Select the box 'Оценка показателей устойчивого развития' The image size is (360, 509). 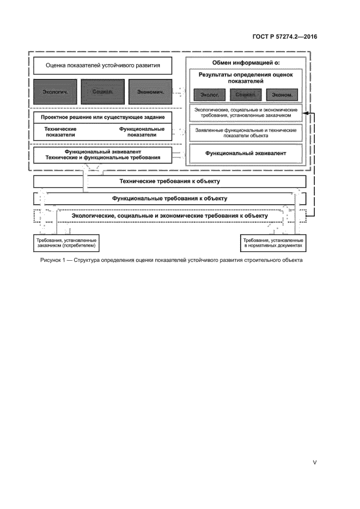pos(103,66)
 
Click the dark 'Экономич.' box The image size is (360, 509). pos(150,92)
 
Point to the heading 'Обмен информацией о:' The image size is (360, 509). pos(246,63)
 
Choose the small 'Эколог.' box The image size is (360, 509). pos(210,95)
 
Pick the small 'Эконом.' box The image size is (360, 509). pos(282,95)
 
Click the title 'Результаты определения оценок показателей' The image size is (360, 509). pos(246,78)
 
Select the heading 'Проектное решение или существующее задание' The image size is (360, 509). pos(103,117)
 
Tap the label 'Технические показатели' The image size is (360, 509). pos(60,132)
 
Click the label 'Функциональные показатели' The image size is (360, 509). pos(142,132)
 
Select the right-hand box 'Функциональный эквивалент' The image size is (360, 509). pos(246,154)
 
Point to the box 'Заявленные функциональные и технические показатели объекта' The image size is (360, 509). pos(246,133)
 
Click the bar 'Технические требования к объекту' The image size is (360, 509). pos(170,181)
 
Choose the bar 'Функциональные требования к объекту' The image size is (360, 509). pos(170,199)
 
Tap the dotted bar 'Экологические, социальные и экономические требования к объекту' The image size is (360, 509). pos(170,216)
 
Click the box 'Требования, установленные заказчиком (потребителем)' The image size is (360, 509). pos(66,243)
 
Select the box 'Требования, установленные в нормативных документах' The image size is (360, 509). pos(272,243)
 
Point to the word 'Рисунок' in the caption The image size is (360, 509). pos(52,260)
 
